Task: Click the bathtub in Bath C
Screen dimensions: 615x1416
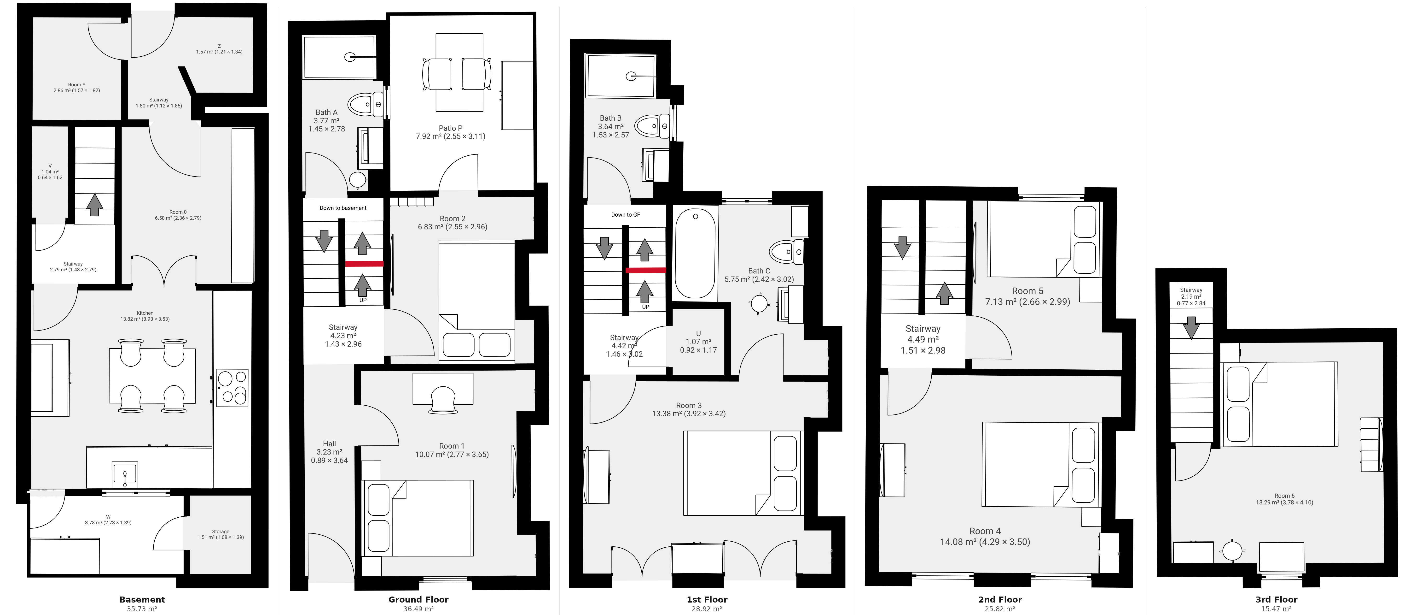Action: [695, 253]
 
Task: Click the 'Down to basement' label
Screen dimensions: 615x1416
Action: [343, 208]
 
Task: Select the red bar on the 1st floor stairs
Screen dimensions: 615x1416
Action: [645, 270]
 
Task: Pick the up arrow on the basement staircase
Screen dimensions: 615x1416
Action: [94, 205]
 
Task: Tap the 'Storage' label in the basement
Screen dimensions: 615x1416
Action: [221, 531]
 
